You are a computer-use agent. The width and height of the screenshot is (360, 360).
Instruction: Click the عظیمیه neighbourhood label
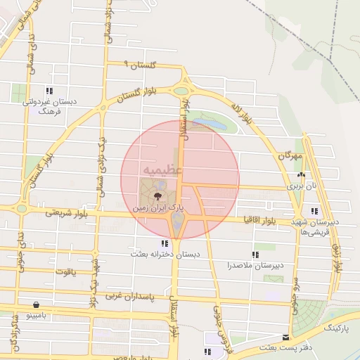pos(163,170)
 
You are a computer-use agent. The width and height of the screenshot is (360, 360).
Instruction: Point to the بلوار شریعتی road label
pos(67,212)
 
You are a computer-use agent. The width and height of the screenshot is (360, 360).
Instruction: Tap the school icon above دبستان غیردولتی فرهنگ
pos(49,91)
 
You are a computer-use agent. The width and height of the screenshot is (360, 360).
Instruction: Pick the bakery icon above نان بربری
pos(302,175)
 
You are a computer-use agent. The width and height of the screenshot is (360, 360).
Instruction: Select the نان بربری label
pos(302,187)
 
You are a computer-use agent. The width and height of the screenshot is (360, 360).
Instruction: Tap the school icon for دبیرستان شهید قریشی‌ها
pos(314,211)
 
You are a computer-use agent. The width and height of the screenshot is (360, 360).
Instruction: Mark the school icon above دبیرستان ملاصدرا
pos(254,255)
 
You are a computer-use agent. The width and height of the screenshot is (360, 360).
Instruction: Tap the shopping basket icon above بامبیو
pos(36,304)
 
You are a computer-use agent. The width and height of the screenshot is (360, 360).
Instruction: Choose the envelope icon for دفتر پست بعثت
pos(285,337)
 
